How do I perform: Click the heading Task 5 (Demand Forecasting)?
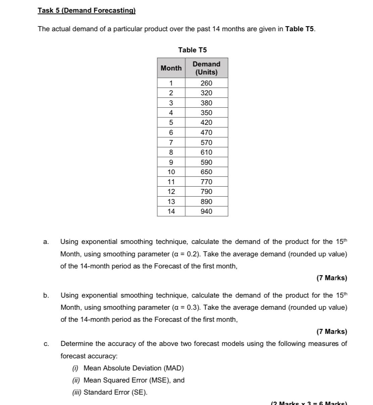pos(87,10)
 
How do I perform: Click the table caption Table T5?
pos(193,50)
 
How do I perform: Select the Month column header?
pos(171,68)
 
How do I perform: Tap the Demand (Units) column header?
pos(206,68)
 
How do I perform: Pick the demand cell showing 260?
pos(206,83)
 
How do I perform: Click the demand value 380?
pos(206,103)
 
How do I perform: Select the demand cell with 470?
pos(206,133)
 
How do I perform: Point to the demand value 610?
pos(206,152)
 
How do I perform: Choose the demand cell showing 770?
pos(206,182)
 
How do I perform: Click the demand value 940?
pos(206,211)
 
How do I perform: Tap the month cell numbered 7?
pos(171,143)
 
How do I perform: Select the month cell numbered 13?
pos(171,202)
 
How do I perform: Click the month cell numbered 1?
pos(171,83)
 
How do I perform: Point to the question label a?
pos(46,242)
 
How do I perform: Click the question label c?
pos(46,344)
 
